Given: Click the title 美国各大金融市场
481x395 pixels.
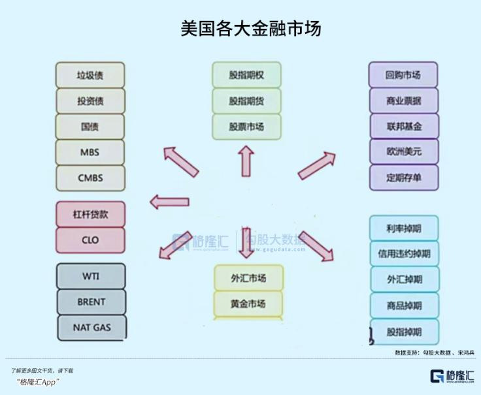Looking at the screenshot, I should (x=250, y=29).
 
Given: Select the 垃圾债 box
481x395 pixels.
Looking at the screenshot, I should (x=90, y=75).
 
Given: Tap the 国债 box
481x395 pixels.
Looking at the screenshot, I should (x=90, y=126).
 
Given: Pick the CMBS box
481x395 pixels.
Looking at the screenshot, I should (x=90, y=177).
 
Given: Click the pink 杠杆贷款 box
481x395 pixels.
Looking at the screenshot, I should (x=90, y=214).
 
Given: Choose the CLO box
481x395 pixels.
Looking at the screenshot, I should (x=90, y=240).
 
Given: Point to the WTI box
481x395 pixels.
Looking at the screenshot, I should (x=90, y=276).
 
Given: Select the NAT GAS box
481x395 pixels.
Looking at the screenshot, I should (x=90, y=327).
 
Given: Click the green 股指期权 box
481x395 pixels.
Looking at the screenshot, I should (x=246, y=75).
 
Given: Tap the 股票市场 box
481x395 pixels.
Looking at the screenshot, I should (x=246, y=126).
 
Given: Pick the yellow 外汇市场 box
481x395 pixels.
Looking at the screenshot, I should (x=248, y=278).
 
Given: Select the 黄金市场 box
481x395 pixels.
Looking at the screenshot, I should (x=248, y=304).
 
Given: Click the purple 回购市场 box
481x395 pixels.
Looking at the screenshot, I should (x=403, y=75).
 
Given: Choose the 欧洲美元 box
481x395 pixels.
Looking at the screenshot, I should (x=403, y=151).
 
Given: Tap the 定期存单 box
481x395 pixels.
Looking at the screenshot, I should (x=403, y=177).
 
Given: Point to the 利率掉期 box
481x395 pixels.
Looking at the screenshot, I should (x=404, y=228).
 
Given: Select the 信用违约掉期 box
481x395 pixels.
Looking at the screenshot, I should (x=404, y=253).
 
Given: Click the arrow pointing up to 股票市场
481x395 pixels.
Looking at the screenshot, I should (x=246, y=161).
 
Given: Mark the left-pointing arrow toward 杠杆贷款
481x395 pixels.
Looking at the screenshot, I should (x=169, y=202).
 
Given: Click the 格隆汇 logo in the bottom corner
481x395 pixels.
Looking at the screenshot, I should (x=452, y=377).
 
